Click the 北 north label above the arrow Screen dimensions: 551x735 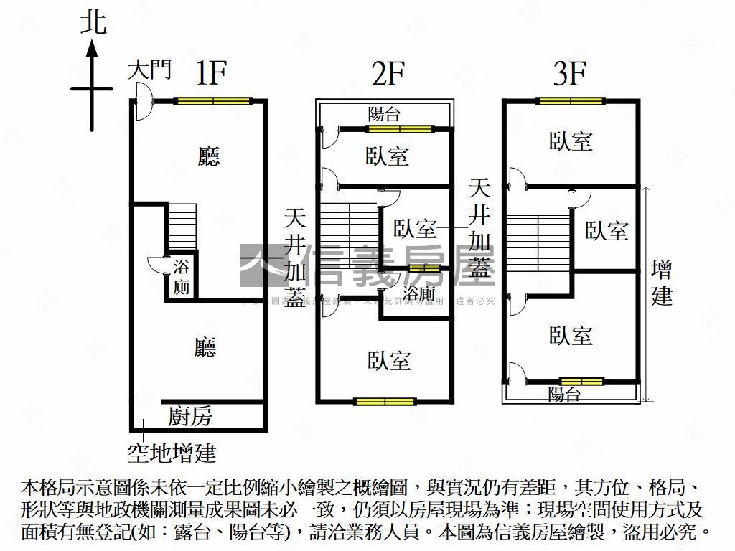[93, 22]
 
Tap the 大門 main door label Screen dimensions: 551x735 [150, 70]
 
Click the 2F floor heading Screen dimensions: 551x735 [388, 74]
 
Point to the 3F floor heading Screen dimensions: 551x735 [570, 74]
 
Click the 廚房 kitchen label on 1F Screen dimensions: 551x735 [190, 416]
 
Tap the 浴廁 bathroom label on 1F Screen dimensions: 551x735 [182, 278]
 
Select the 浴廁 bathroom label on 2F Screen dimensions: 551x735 [418, 293]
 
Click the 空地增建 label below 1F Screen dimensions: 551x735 [172, 453]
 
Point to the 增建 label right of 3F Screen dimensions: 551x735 [662, 283]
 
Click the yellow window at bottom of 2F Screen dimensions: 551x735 [385, 401]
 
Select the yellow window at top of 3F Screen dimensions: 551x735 [571, 101]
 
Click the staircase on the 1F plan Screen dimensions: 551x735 [182, 226]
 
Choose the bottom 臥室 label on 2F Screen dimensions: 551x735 [389, 361]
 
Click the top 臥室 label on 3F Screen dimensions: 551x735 [571, 141]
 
